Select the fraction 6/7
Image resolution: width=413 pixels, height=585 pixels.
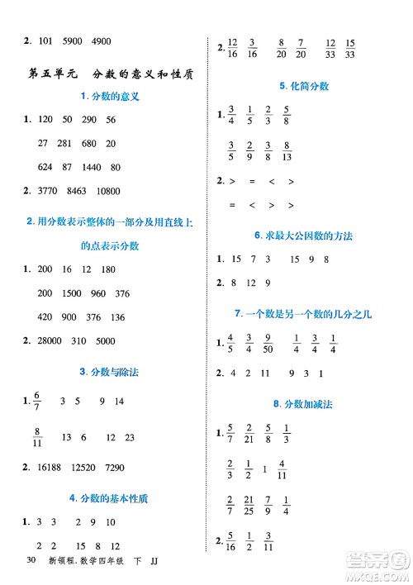point(36,401)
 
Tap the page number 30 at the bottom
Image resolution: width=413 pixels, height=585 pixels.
point(31,562)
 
